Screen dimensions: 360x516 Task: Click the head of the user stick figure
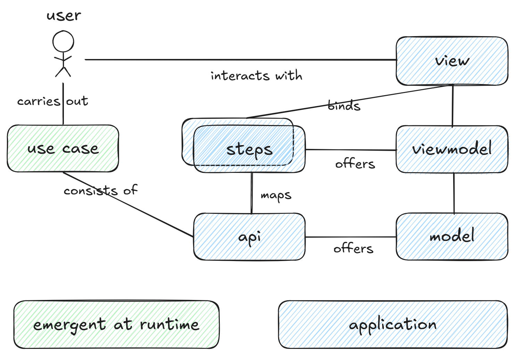[x=63, y=42]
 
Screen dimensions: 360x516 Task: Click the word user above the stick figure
[x=64, y=16]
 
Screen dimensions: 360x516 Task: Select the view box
[x=452, y=61]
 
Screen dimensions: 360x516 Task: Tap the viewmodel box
[x=452, y=149]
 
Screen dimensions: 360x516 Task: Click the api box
[x=249, y=237]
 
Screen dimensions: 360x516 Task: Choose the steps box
[x=249, y=149]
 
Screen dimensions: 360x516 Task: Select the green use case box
[x=63, y=149]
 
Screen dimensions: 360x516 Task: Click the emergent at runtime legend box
[x=116, y=325]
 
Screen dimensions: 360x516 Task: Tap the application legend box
[x=393, y=325]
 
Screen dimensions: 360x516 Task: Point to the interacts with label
[x=256, y=75]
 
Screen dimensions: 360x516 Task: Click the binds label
[x=344, y=106]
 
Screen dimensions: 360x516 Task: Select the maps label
[x=276, y=195]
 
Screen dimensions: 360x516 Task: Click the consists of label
[x=101, y=190]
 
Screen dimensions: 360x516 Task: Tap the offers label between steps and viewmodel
[x=355, y=164]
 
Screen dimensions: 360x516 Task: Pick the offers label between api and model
[x=353, y=249]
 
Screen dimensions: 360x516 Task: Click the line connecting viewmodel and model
[x=454, y=193]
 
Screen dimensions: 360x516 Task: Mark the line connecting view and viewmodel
[x=452, y=106]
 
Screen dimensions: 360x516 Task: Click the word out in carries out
[x=77, y=101]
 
